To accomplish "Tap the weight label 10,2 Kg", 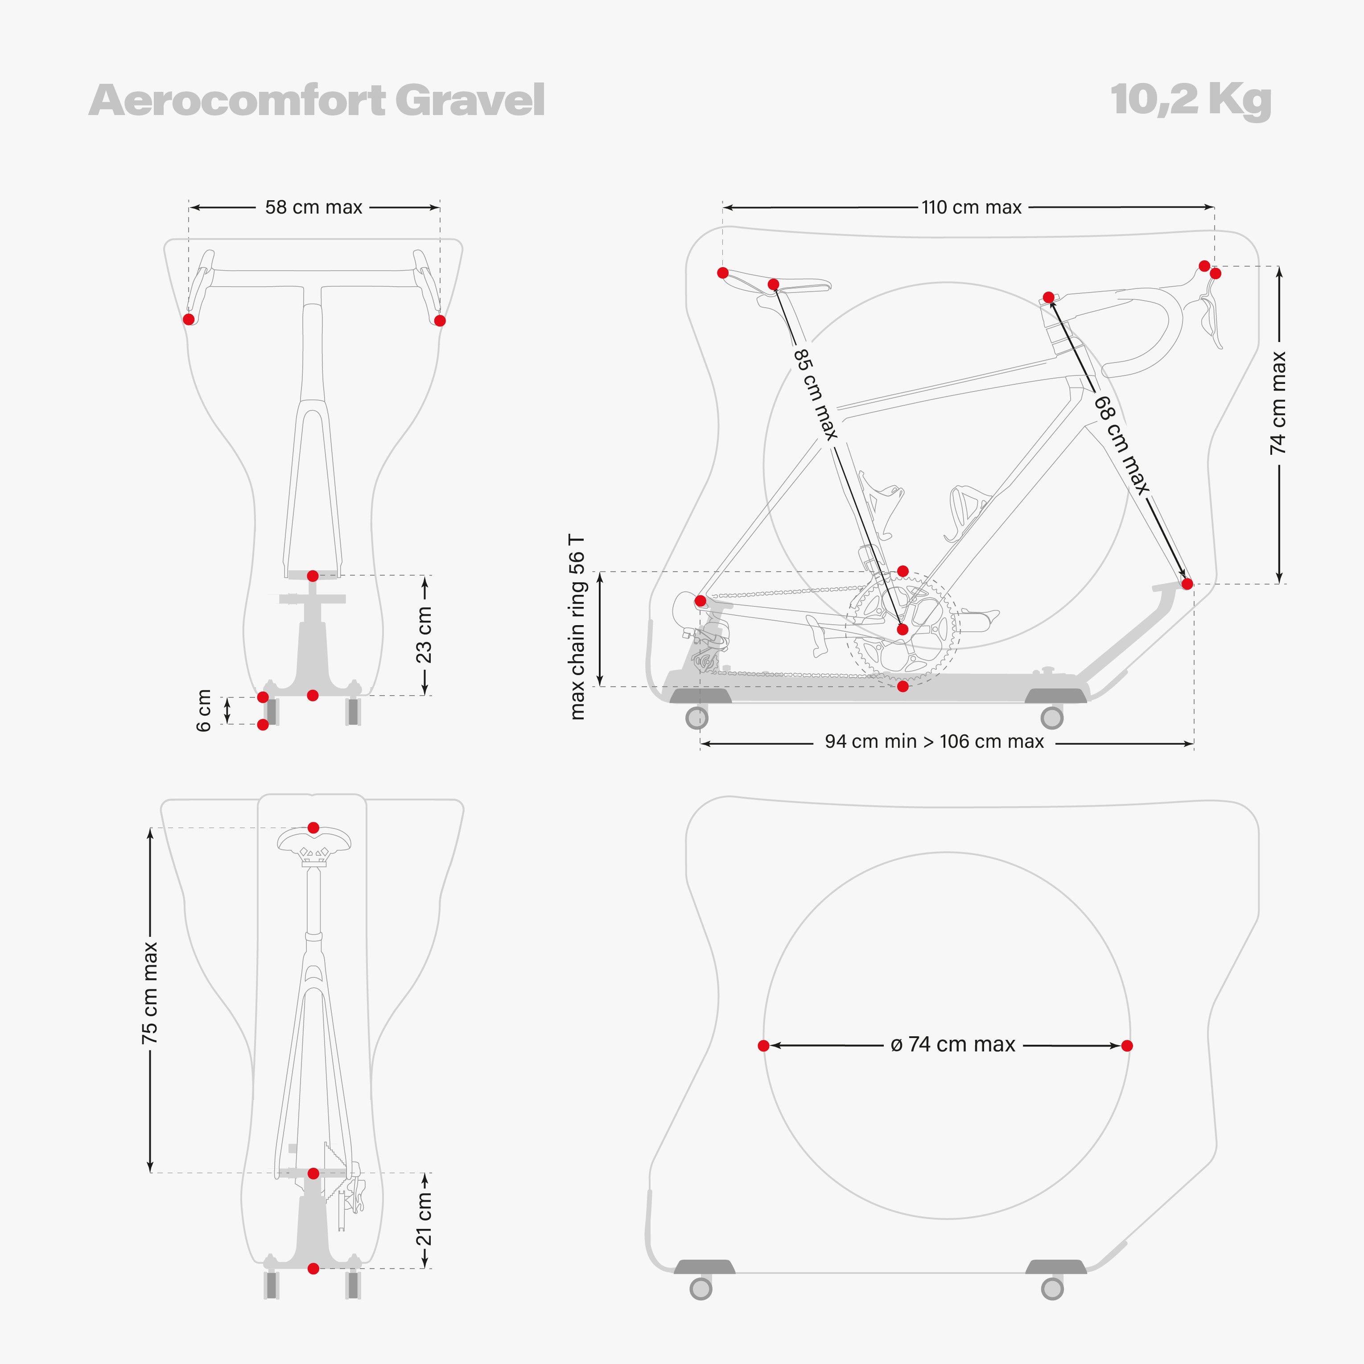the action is (1191, 101).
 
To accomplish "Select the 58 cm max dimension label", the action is (313, 208).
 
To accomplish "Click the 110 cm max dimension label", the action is (972, 208).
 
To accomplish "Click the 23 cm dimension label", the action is (424, 635).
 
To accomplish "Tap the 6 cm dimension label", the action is (204, 710).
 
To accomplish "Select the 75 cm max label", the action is (150, 992).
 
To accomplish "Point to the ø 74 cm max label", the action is (953, 1044).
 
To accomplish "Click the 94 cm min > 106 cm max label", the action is (934, 741).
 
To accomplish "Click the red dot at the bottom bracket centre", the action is (902, 629).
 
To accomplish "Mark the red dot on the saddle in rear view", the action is (313, 828).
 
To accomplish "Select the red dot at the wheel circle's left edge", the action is (763, 1046).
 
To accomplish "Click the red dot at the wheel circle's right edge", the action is (1127, 1046).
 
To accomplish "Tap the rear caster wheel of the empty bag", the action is (701, 1289).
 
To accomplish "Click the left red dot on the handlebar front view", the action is (189, 319).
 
